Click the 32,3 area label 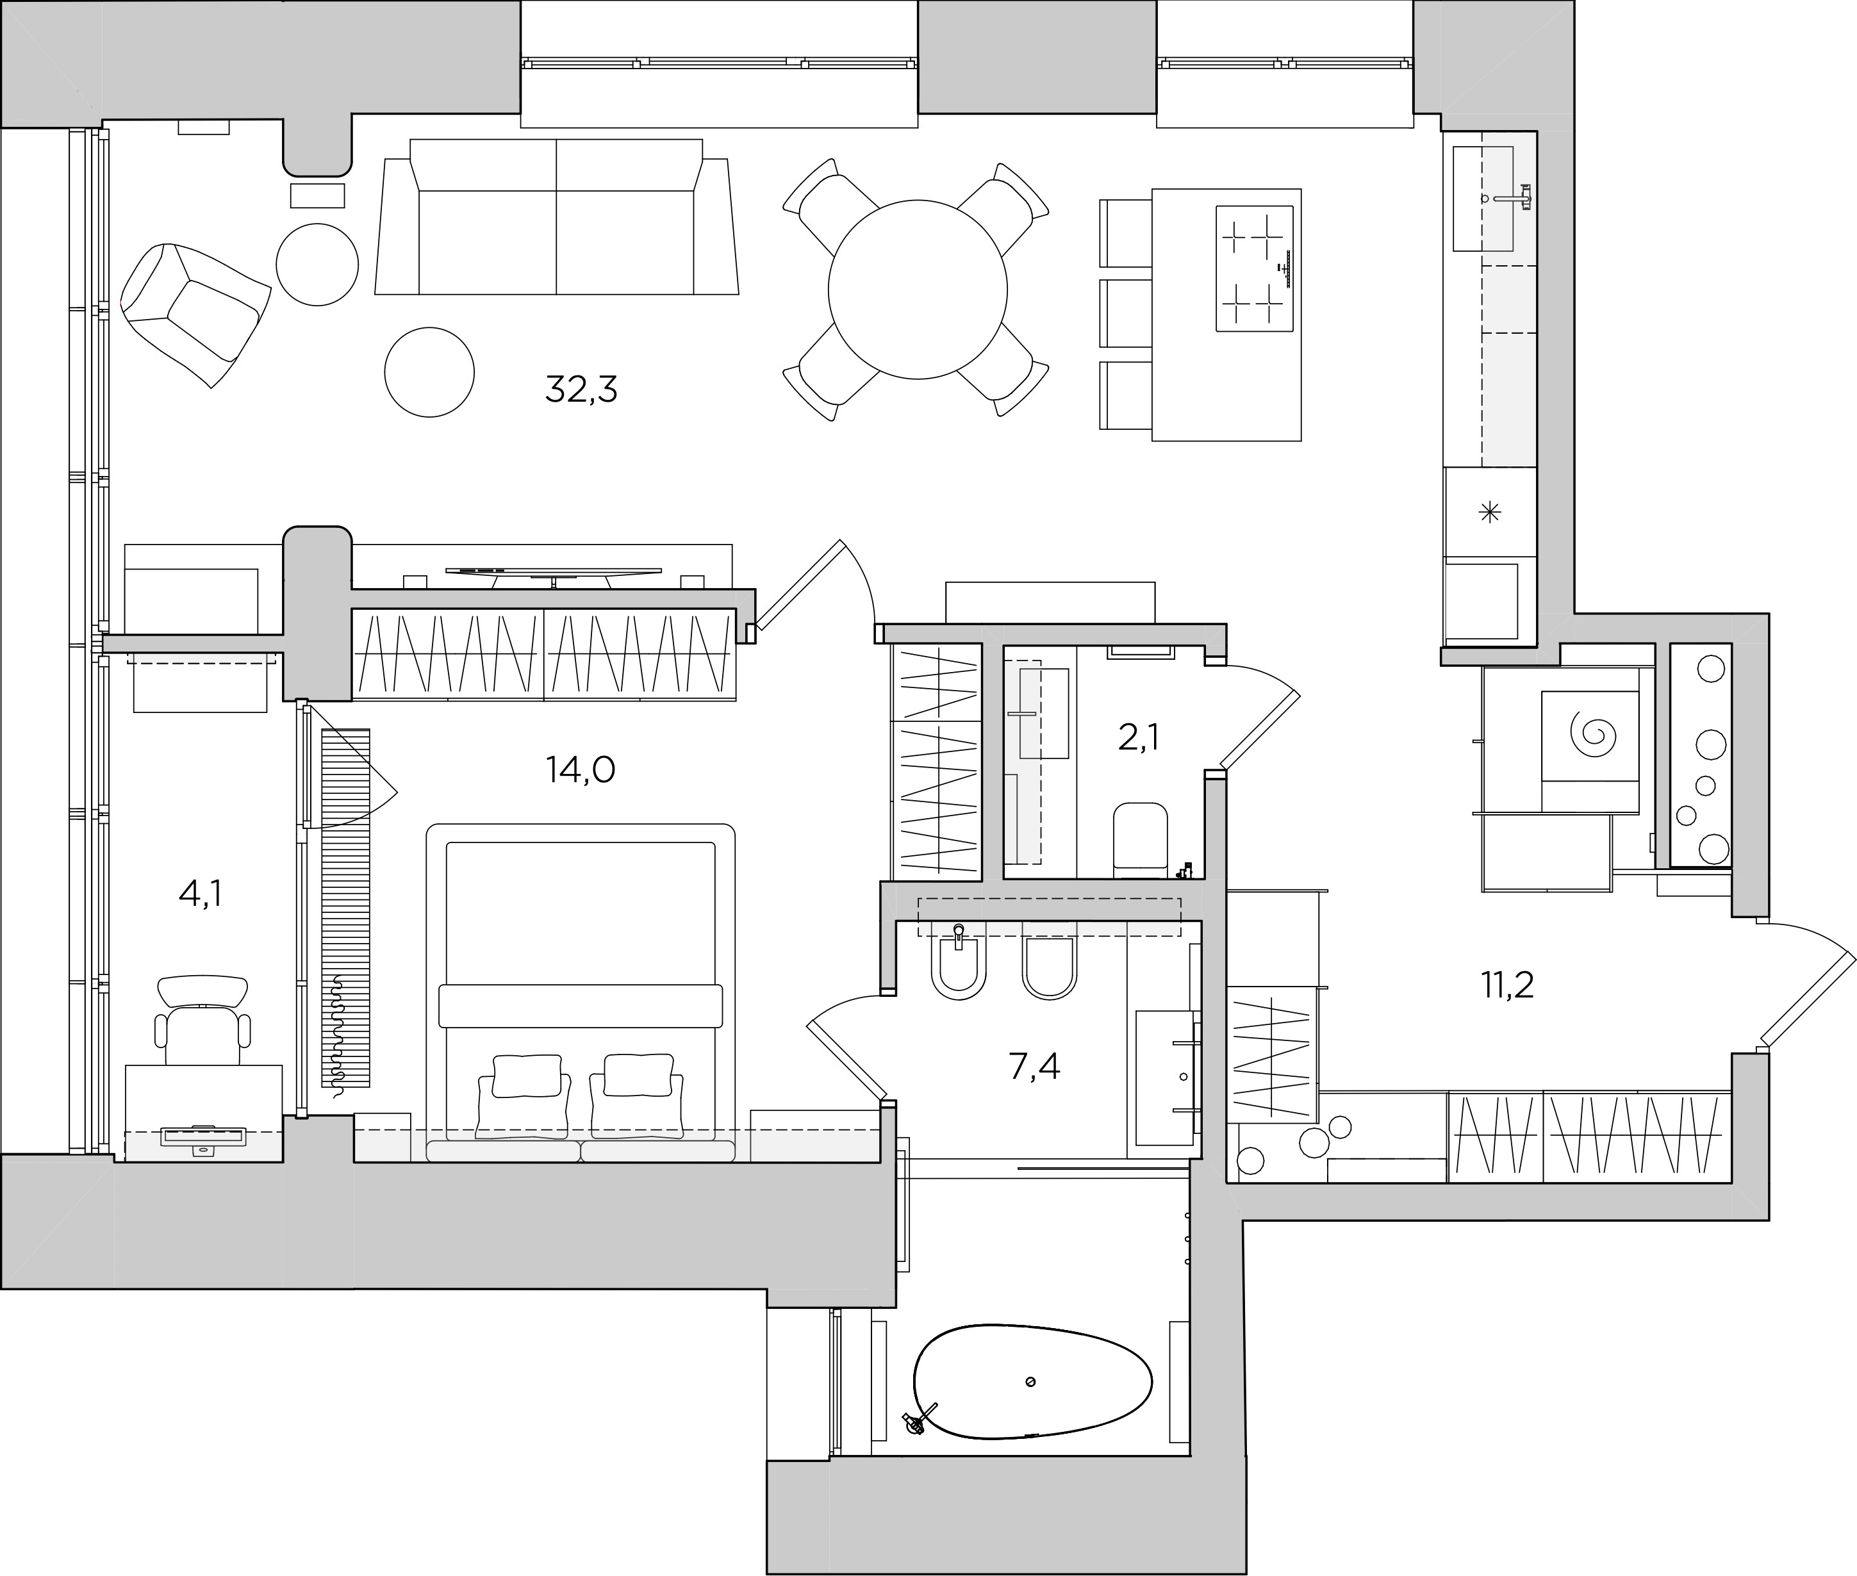point(581,390)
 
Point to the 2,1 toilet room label point(1139,738)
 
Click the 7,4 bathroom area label point(1034,1066)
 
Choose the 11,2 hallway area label point(1508,985)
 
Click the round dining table point(918,288)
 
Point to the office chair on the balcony point(203,1021)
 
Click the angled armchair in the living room point(195,313)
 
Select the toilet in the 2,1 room point(1141,838)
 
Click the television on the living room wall point(554,573)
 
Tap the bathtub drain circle point(1030,1382)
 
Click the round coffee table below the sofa point(429,372)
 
